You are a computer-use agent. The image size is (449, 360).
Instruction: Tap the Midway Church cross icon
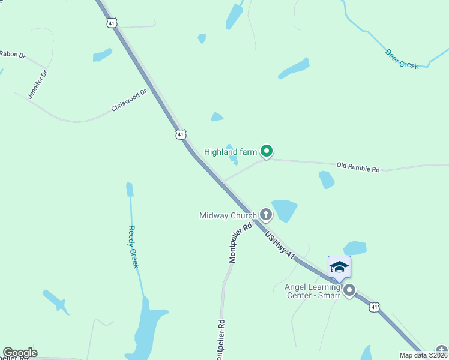coord(265,215)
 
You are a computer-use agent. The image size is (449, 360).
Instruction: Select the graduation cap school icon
coord(339,266)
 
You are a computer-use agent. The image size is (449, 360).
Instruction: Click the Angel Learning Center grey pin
coord(349,290)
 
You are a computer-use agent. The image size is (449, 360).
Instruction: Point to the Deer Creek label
coord(402,59)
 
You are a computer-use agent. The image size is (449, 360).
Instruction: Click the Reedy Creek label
coord(134,247)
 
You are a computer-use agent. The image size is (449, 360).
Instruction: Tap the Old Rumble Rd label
coord(358,167)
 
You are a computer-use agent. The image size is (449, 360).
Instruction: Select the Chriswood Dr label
coord(129,101)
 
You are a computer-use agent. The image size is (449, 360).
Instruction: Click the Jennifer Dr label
coord(37,84)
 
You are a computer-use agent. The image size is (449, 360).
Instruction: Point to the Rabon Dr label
coord(13,55)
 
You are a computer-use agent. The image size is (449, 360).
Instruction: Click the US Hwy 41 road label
coord(280,242)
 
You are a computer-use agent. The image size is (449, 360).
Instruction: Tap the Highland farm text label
coord(231,152)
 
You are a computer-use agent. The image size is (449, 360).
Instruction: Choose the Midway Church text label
coord(228,215)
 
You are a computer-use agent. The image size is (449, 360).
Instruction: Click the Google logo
coord(20,352)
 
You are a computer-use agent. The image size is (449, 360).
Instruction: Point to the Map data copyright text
coord(423,355)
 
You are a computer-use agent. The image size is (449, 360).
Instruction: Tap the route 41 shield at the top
coord(112,23)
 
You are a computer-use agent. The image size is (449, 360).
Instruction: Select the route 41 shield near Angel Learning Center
coord(374,307)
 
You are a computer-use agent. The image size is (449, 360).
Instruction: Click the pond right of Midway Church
coord(285,210)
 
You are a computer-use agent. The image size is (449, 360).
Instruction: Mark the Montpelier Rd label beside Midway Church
coord(240,243)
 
